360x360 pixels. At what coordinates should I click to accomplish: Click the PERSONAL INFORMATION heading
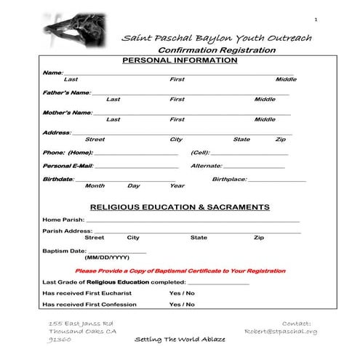click(x=179, y=60)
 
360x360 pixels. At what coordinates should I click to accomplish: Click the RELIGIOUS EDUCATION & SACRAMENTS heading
click(x=179, y=207)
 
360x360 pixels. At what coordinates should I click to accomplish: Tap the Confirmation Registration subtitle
click(x=218, y=49)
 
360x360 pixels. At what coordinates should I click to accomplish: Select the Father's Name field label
click(x=67, y=92)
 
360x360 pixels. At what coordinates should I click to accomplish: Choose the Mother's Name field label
click(x=68, y=113)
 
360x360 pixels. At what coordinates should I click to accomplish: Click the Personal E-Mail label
click(x=68, y=166)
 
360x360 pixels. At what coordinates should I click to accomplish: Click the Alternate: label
click(x=206, y=166)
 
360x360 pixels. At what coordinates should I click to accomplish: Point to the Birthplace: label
click(x=229, y=179)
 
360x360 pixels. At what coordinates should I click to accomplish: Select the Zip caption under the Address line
click(x=280, y=139)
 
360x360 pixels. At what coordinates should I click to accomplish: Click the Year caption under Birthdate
click(x=177, y=185)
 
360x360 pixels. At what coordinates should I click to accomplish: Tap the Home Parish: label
click(x=63, y=219)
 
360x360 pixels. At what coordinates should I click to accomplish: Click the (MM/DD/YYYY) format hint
click(x=107, y=257)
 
